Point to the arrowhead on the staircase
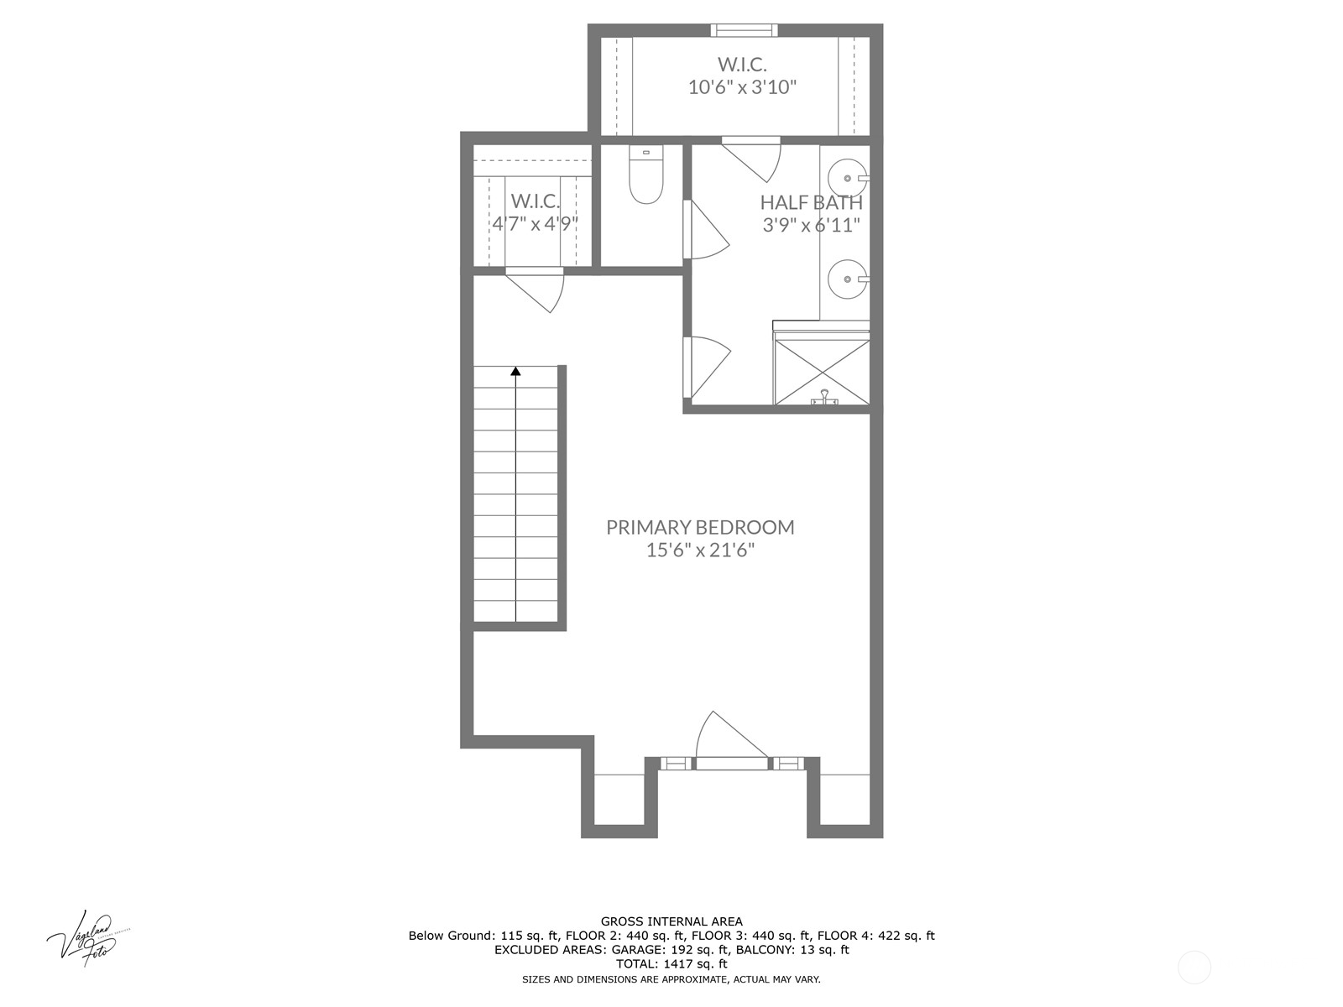[x=515, y=371]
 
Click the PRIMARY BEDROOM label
[x=700, y=527]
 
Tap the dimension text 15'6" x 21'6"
[x=700, y=550]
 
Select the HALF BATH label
[x=811, y=202]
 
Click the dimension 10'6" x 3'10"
[x=742, y=87]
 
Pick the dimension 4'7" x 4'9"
[x=535, y=224]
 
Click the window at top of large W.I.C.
[x=743, y=31]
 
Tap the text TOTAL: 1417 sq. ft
[x=671, y=964]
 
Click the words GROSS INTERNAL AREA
[x=671, y=921]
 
